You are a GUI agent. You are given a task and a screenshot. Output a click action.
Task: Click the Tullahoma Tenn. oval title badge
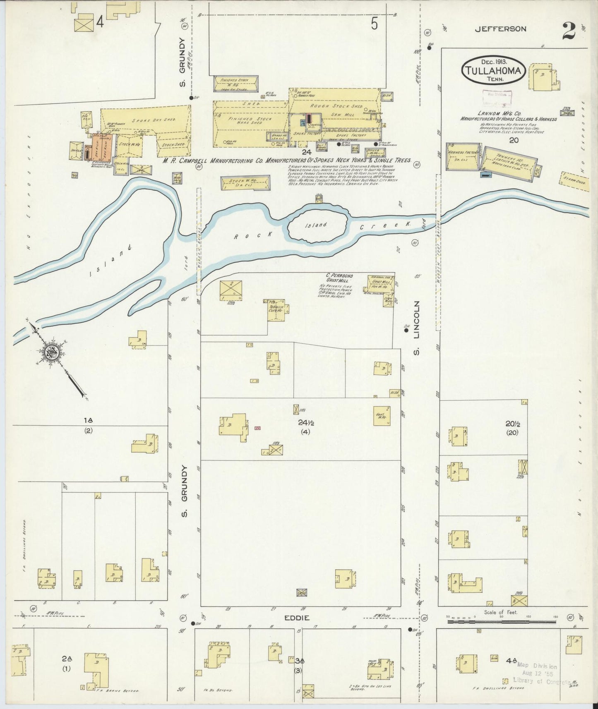pos(493,71)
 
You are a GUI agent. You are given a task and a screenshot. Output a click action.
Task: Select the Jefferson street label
pos(500,29)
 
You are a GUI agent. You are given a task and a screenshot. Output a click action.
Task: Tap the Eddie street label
pos(297,618)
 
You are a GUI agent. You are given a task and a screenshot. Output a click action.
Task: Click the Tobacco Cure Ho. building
pos(276,310)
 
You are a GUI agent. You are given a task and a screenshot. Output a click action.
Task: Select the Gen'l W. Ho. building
pos(382,416)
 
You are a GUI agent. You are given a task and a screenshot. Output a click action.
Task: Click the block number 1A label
pos(88,420)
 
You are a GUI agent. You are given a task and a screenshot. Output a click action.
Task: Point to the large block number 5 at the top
pos(374,24)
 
